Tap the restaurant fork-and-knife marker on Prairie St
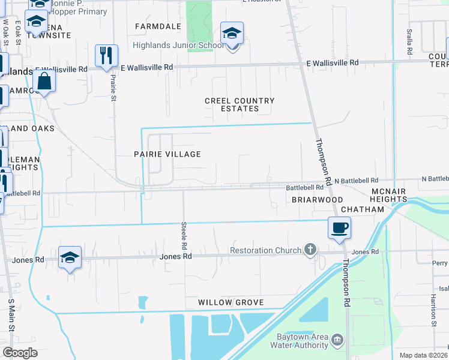point(106,56)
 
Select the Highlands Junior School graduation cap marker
point(232,34)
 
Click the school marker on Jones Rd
point(70,258)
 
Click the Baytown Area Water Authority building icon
point(337,340)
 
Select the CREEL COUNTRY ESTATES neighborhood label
point(240,105)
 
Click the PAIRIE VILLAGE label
point(167,154)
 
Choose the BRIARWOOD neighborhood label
point(317,199)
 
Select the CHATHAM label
point(362,209)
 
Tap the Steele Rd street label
point(184,236)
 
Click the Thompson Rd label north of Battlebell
point(324,160)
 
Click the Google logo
point(20,352)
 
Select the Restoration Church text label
point(265,250)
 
